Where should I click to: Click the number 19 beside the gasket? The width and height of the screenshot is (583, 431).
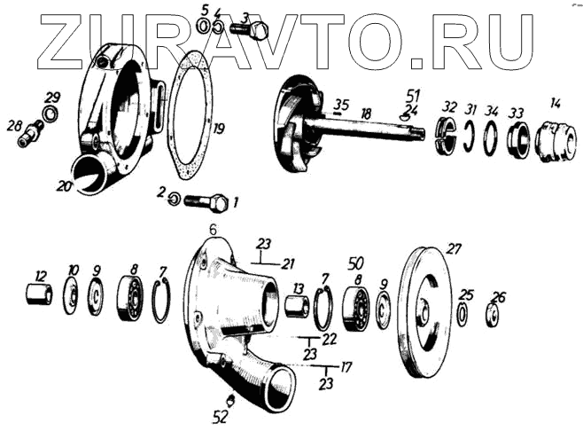(218, 129)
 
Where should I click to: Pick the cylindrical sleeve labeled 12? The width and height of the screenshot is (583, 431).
(38, 294)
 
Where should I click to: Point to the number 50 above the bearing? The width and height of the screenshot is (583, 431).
(355, 264)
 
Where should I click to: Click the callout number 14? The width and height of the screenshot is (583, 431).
(555, 103)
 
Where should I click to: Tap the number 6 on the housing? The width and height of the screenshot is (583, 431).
(212, 230)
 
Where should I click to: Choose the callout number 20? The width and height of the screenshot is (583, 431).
(63, 185)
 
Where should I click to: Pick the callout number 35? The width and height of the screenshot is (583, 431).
(341, 104)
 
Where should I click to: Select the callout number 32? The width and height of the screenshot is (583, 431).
(450, 106)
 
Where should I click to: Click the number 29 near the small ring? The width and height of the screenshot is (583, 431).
(53, 97)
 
